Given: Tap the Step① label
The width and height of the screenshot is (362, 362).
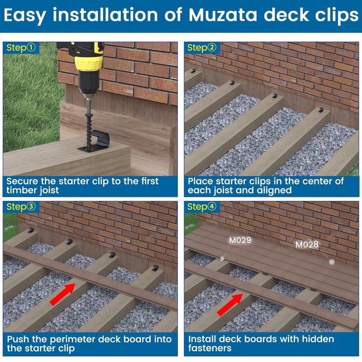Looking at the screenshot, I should click(x=21, y=48).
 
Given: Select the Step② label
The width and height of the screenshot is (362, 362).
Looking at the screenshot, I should click(x=202, y=48).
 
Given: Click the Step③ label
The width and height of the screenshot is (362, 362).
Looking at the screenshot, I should click(x=21, y=207).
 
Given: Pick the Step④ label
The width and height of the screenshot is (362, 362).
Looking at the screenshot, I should click(x=202, y=207).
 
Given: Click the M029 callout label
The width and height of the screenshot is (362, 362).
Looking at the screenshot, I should click(x=240, y=240).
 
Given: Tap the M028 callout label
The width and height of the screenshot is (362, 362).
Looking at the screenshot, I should click(x=307, y=245).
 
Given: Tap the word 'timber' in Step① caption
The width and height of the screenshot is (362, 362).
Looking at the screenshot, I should click(x=21, y=190).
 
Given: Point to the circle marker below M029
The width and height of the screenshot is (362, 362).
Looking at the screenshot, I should click(x=222, y=259).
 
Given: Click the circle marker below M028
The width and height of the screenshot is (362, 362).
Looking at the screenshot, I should click(x=332, y=262).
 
